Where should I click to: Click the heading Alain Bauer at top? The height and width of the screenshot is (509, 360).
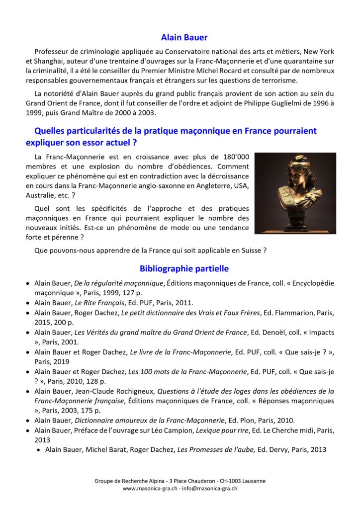(x=184, y=37)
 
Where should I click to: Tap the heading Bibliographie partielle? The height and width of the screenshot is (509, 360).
(x=184, y=268)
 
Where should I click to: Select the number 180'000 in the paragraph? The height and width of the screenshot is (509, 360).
(x=234, y=157)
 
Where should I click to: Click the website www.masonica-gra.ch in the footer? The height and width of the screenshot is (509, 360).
(x=150, y=489)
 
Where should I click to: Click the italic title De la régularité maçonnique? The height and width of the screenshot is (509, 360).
(x=119, y=283)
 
